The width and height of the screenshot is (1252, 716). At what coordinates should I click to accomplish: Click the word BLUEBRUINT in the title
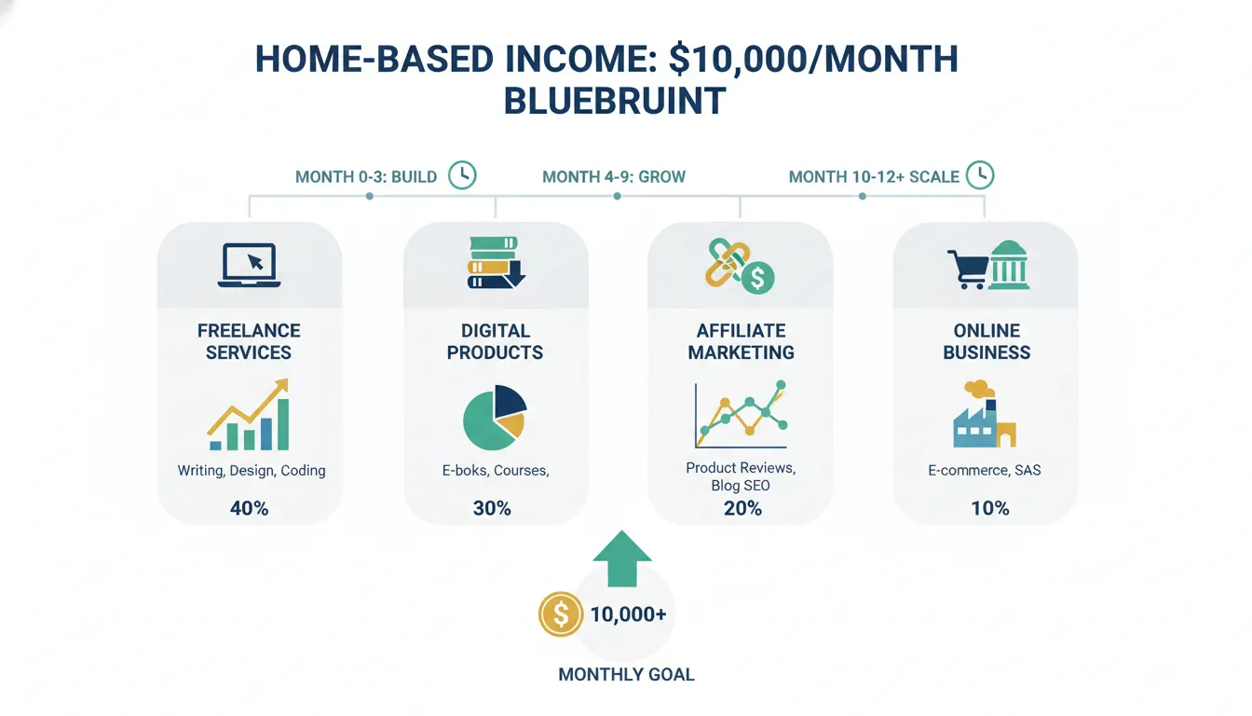615,101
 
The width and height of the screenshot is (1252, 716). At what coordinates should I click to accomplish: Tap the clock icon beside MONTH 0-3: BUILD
462,175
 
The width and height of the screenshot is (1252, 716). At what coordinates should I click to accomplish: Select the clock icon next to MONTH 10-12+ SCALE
980,175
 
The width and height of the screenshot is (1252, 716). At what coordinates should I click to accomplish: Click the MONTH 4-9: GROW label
614,177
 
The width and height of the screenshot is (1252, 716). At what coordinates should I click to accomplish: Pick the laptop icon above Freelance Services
250,265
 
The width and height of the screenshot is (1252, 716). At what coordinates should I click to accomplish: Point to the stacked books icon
497,263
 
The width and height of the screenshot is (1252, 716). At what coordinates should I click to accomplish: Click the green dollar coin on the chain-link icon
757,278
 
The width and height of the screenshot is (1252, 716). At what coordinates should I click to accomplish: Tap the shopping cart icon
966,269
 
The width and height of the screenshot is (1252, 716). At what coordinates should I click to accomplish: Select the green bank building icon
1009,265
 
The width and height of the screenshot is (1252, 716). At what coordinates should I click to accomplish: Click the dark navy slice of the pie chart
508,402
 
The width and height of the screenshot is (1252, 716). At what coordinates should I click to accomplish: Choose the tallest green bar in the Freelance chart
283,424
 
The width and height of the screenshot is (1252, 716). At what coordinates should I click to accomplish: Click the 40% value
250,508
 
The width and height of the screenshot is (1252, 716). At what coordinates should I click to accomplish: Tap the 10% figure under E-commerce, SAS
990,508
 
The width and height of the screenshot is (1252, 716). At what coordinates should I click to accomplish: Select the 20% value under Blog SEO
742,508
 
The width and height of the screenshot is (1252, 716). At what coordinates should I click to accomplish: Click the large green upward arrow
622,559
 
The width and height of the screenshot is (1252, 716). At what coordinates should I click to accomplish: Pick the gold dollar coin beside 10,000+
561,614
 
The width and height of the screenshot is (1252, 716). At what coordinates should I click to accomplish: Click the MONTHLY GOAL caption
627,675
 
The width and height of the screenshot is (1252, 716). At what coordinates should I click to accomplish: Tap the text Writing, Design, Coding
252,471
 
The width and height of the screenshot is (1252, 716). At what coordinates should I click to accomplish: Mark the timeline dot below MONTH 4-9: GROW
617,197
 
